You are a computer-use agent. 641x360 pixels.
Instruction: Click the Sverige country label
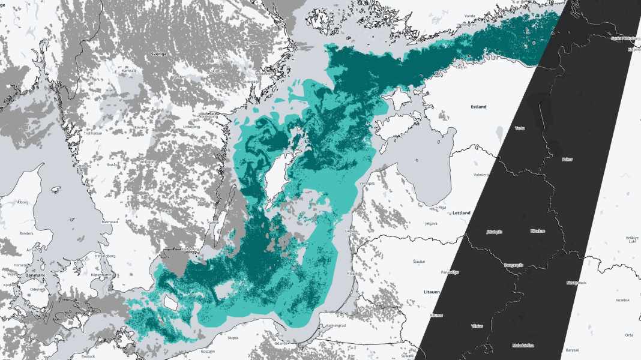(159, 53)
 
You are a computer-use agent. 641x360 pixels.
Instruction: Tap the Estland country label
(478, 107)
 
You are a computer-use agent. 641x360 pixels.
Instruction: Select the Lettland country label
(462, 212)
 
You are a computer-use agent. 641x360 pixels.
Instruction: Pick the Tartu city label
(520, 128)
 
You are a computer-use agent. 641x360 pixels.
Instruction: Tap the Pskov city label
(567, 159)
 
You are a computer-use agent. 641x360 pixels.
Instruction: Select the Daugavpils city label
(515, 264)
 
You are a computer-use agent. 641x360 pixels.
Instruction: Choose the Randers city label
(26, 233)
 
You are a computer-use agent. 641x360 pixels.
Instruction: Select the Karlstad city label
(128, 70)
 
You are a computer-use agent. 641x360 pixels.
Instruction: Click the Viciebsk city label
(622, 299)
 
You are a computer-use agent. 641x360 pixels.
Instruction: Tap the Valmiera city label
(481, 175)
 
